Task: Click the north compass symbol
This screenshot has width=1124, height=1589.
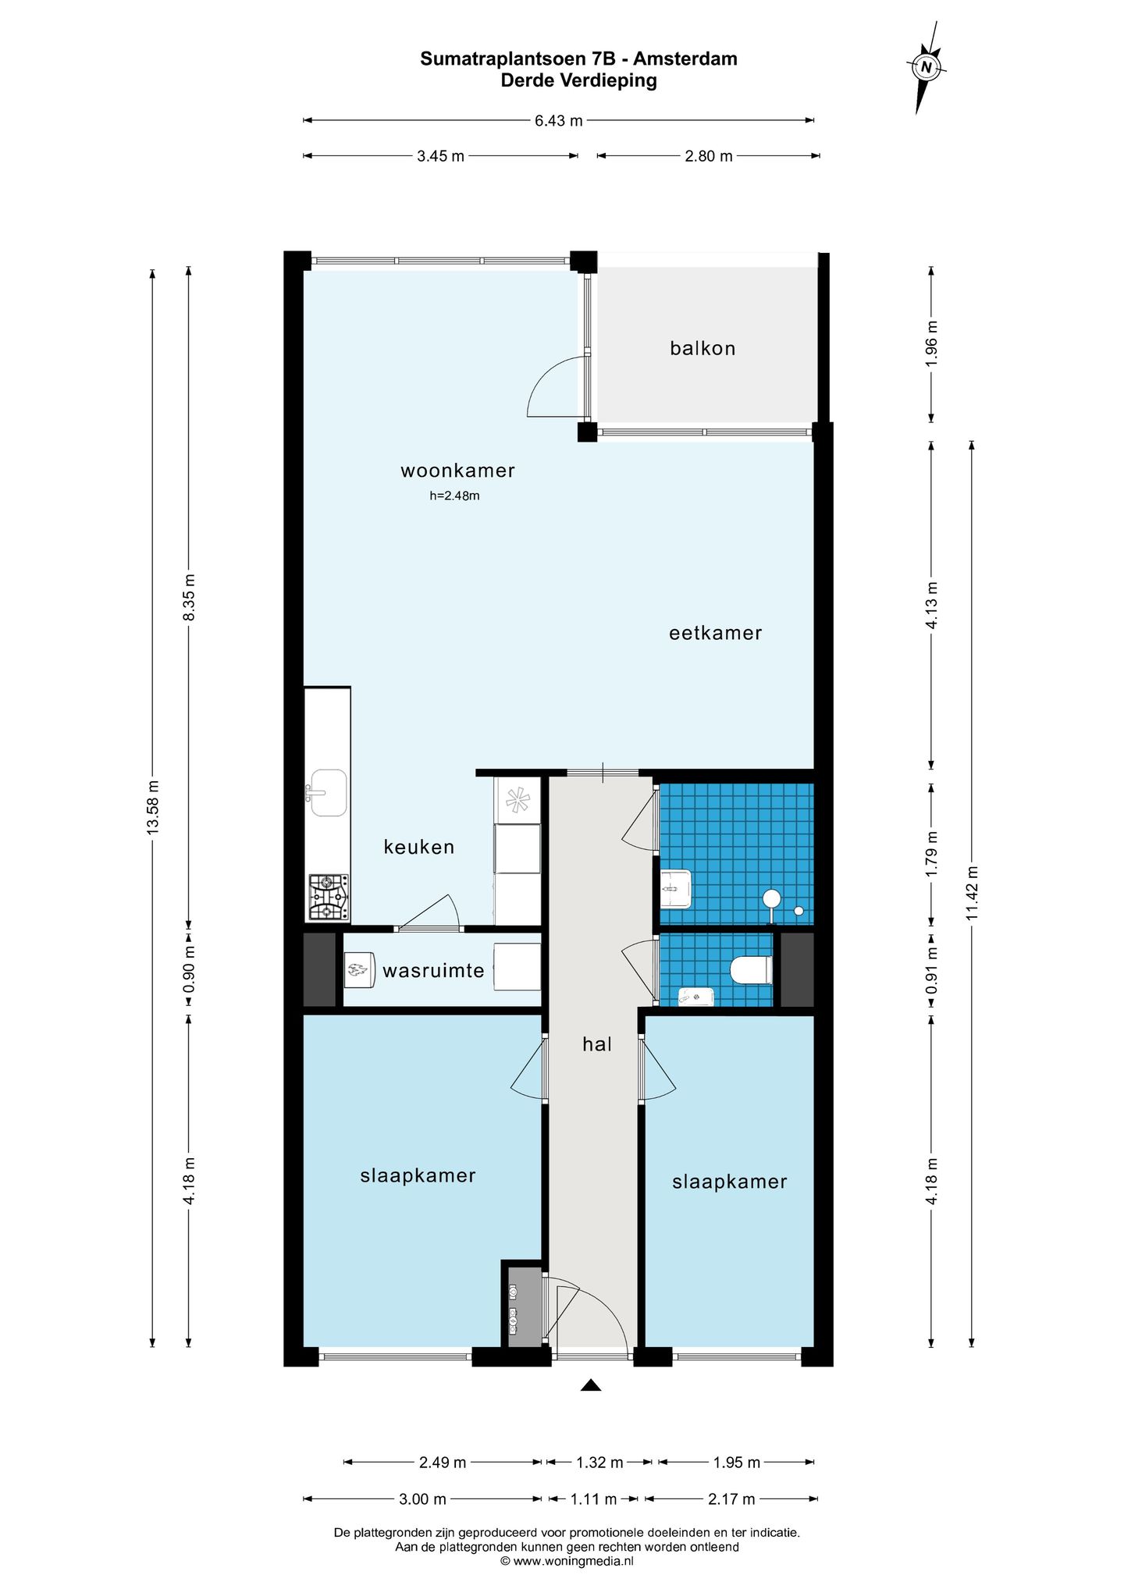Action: tap(927, 68)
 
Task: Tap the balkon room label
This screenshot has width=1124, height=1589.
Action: tap(702, 348)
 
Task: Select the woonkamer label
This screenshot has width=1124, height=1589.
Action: tap(457, 471)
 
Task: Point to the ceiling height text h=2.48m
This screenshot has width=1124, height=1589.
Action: tap(454, 496)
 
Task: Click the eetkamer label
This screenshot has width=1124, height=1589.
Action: tap(715, 633)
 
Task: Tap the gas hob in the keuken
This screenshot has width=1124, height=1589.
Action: tap(329, 897)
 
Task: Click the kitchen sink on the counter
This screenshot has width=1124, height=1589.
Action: tap(327, 792)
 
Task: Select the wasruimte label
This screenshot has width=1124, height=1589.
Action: tap(433, 971)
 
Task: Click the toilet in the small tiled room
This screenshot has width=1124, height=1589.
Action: tap(751, 971)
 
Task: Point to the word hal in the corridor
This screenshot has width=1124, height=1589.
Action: tap(597, 1044)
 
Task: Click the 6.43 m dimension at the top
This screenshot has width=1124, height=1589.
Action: tap(559, 121)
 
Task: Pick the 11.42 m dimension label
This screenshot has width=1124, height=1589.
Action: tap(972, 893)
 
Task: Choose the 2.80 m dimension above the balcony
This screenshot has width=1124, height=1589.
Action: tap(709, 156)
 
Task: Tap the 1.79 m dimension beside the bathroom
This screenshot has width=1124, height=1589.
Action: tap(931, 854)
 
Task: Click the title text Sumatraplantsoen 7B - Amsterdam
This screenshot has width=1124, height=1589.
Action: tap(578, 59)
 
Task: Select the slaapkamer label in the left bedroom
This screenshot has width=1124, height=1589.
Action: tap(418, 1175)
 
